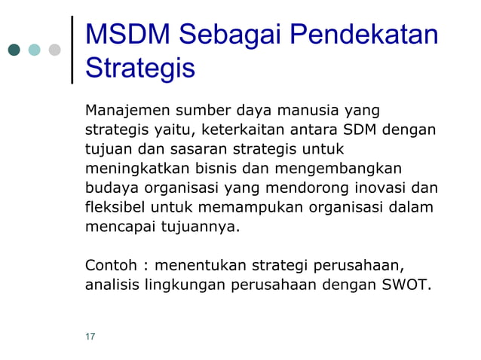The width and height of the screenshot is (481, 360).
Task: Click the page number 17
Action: click(90, 336)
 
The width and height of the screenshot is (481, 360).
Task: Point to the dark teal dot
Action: click(14, 50)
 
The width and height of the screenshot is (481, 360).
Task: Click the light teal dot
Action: click(35, 50)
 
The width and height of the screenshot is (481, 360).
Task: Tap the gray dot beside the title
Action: click(54, 50)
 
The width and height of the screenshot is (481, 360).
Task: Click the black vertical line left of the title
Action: click(72, 49)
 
